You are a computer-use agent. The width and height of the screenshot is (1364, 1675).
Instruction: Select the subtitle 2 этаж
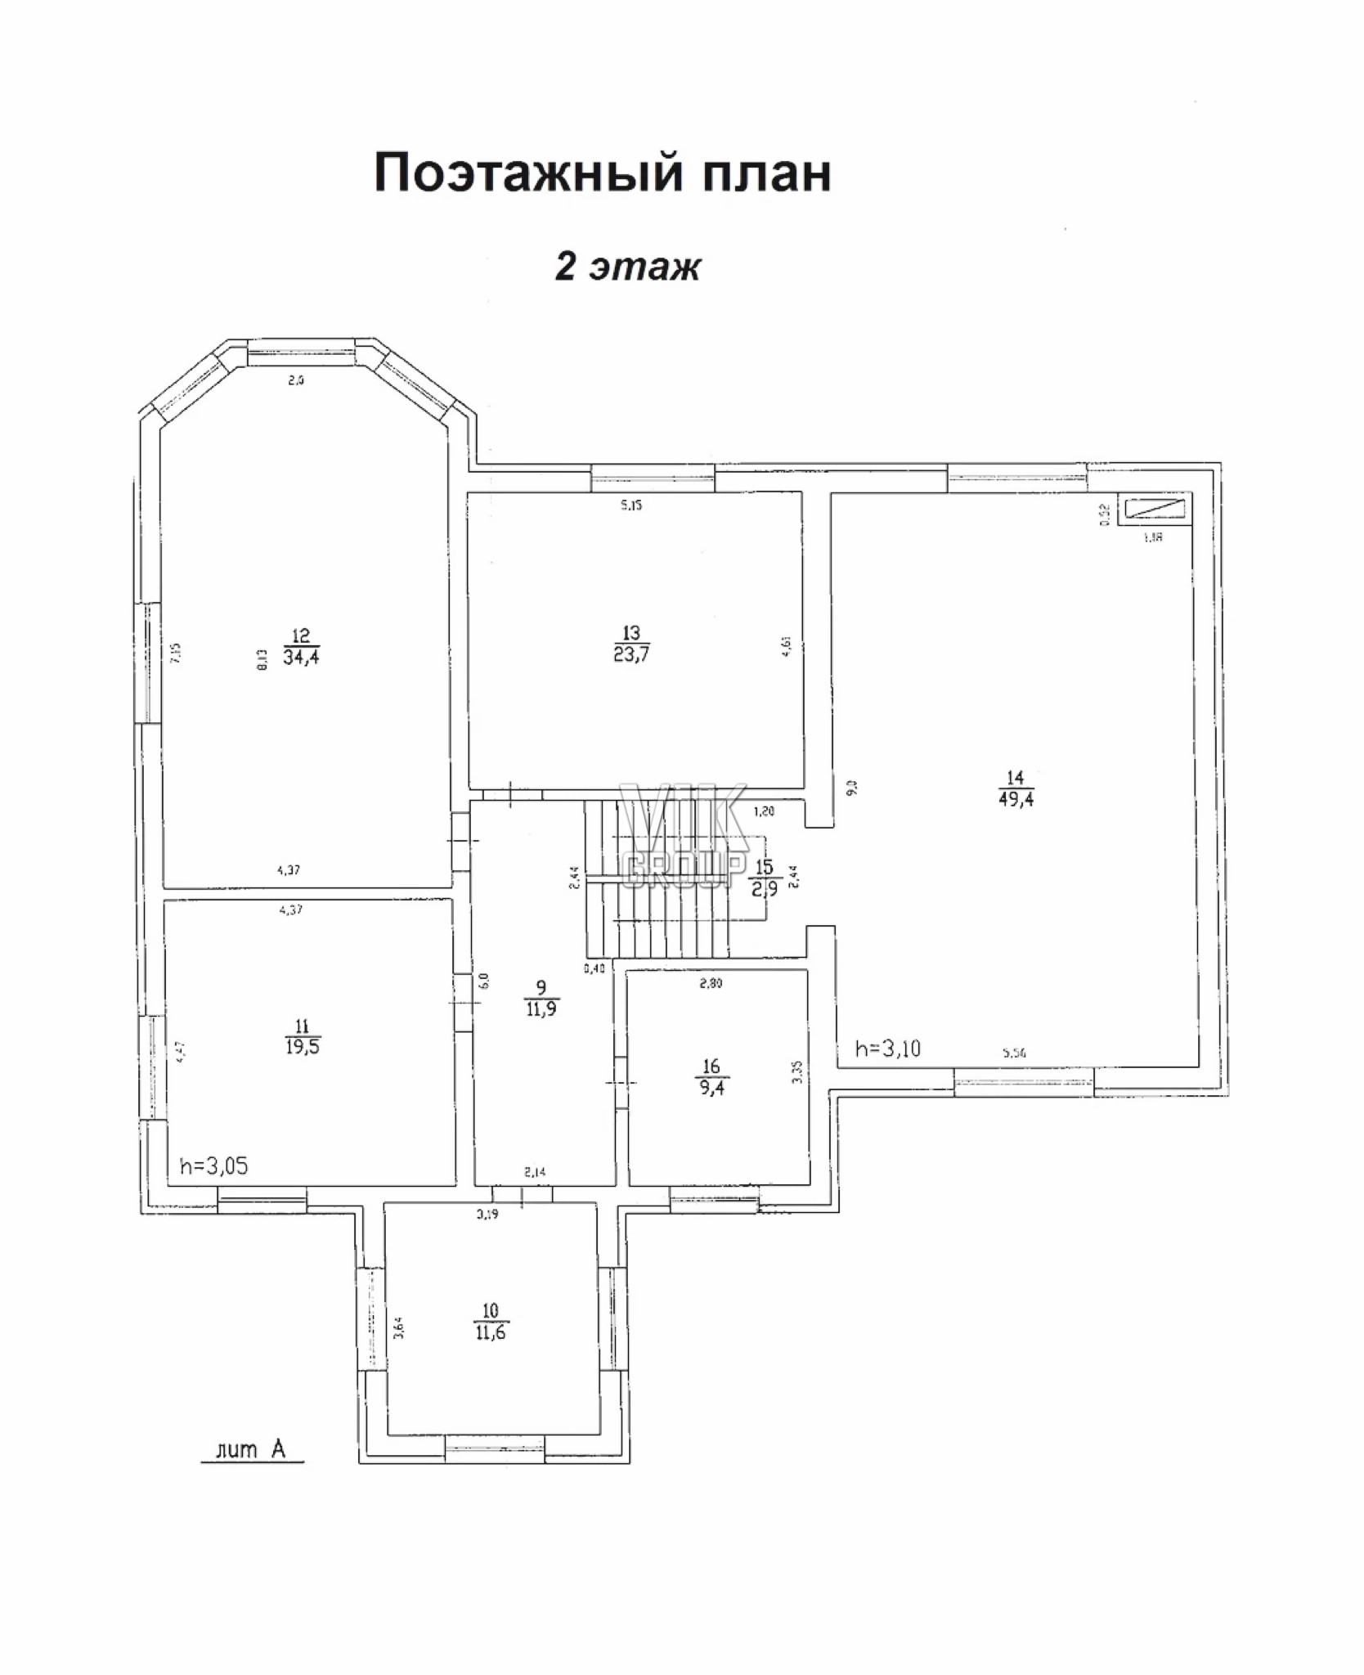(627, 267)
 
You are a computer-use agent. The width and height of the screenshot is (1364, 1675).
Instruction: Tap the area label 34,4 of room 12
(301, 656)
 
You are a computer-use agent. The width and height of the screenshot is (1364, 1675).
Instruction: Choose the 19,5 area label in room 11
(302, 1047)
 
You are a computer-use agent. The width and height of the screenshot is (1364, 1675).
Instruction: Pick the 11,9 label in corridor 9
(541, 1009)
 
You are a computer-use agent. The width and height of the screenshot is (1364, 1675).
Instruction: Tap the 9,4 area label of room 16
(711, 1088)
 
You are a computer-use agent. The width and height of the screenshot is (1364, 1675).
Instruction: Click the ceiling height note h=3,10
(887, 1049)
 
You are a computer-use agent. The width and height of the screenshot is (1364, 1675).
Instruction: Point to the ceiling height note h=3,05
(213, 1166)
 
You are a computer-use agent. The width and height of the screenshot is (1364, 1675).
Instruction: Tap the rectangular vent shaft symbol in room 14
(1155, 509)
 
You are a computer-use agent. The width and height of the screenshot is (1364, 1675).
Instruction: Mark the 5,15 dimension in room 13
(630, 505)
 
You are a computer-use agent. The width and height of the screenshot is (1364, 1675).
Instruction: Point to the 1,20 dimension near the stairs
(764, 812)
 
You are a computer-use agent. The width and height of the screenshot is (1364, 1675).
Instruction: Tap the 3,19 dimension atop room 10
(487, 1215)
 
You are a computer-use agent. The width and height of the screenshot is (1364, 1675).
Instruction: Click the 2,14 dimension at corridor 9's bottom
(535, 1172)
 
